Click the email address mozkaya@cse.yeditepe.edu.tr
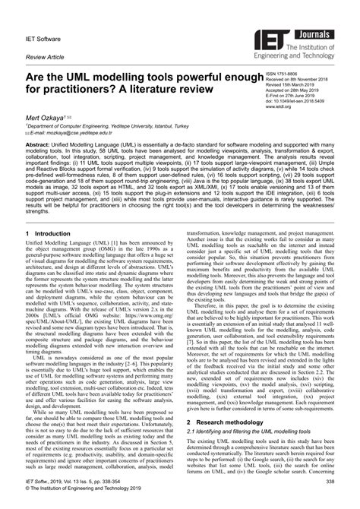click(x=75, y=131)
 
